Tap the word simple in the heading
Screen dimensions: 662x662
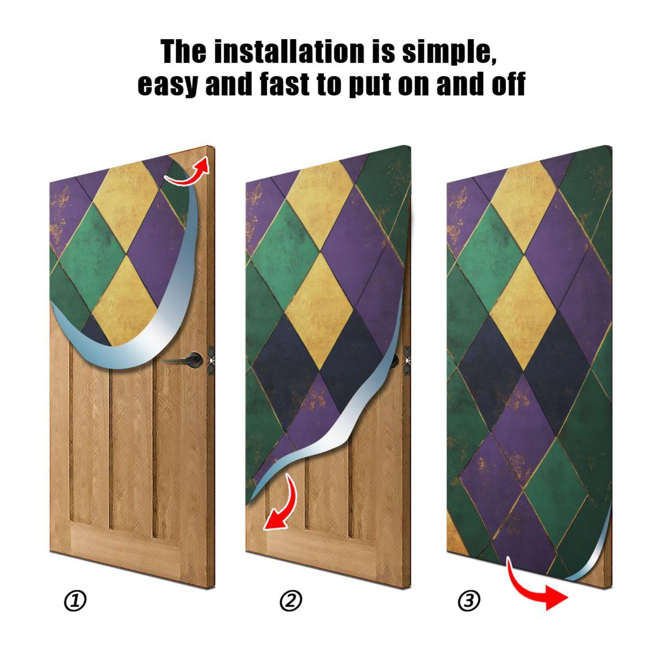tap(449, 51)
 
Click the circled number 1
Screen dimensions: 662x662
tap(75, 601)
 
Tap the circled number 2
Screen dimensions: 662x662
tap(291, 601)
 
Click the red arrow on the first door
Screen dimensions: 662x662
tap(189, 171)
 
